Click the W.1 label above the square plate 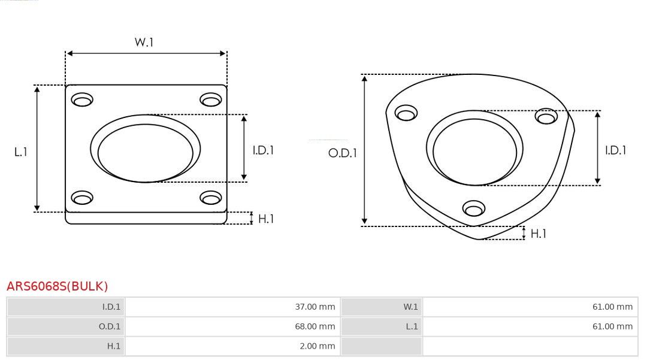coord(144,42)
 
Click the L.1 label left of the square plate coord(20,152)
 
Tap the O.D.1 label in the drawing coord(343,153)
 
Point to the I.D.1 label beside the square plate coord(263,150)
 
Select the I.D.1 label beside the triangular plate coord(616,150)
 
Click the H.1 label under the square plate coord(266,219)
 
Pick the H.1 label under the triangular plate coord(539,234)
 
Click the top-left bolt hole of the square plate coord(82,99)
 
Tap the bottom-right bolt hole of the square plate coord(211,198)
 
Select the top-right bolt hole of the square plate coord(211,99)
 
